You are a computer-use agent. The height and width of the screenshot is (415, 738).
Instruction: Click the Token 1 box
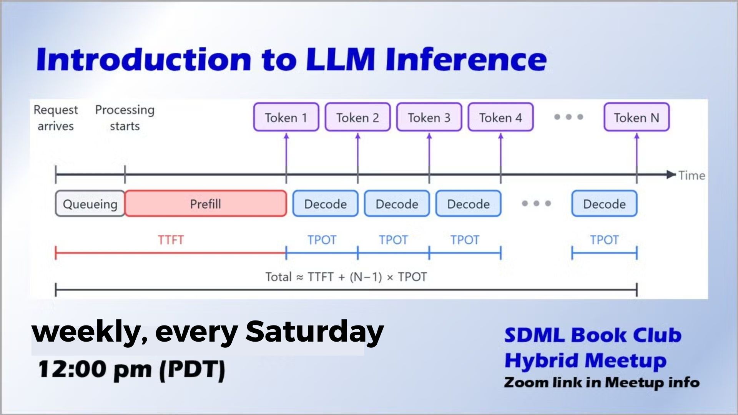286,117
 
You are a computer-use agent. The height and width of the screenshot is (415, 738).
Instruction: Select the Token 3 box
429,117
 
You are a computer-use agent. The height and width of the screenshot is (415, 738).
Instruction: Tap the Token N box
637,117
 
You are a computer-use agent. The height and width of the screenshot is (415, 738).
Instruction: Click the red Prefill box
206,204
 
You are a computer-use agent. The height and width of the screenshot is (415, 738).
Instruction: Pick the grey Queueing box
90,204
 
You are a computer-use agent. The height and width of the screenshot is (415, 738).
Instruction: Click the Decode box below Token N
604,204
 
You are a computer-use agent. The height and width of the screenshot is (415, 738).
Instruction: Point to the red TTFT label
171,240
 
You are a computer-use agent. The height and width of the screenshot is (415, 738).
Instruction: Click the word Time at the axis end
691,176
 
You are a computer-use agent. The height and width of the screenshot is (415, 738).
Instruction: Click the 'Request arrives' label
56,118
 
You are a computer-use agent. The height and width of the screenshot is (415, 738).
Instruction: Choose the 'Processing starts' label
125,118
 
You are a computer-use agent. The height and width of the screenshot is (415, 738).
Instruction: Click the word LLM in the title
341,60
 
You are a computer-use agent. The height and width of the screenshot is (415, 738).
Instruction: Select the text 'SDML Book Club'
593,335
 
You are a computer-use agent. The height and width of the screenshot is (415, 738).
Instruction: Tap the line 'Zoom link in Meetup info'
602,382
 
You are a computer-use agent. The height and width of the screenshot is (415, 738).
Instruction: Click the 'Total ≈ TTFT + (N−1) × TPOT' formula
346,277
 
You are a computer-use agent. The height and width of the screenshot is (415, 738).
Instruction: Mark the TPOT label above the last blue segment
604,240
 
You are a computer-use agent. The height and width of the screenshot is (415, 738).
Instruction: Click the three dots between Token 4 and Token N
568,117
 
